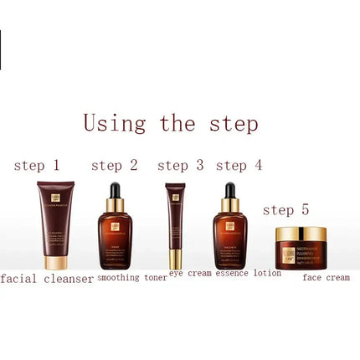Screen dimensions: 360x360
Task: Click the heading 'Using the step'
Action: pos(171,123)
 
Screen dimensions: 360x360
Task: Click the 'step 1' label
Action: pos(37,166)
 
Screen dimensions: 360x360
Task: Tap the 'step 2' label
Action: pos(114,166)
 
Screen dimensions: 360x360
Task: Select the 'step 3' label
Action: pos(180,166)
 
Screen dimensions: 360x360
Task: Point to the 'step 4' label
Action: pos(239,166)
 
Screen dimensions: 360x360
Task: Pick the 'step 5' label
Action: pos(285,209)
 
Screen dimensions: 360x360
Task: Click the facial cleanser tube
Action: pos(55,222)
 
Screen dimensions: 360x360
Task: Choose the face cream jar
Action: pos(301,249)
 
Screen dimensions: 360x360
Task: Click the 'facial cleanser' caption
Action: pos(47,279)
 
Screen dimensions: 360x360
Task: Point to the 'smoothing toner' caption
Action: pos(132,277)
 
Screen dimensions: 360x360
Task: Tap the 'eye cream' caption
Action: pos(190,273)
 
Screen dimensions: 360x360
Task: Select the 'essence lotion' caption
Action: pos(249,273)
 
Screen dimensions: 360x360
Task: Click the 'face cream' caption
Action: pos(326,277)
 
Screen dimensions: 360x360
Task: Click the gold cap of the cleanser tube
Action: pos(56,262)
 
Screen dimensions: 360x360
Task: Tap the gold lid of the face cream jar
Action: pos(301,234)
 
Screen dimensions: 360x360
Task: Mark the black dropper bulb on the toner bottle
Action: pos(115,190)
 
